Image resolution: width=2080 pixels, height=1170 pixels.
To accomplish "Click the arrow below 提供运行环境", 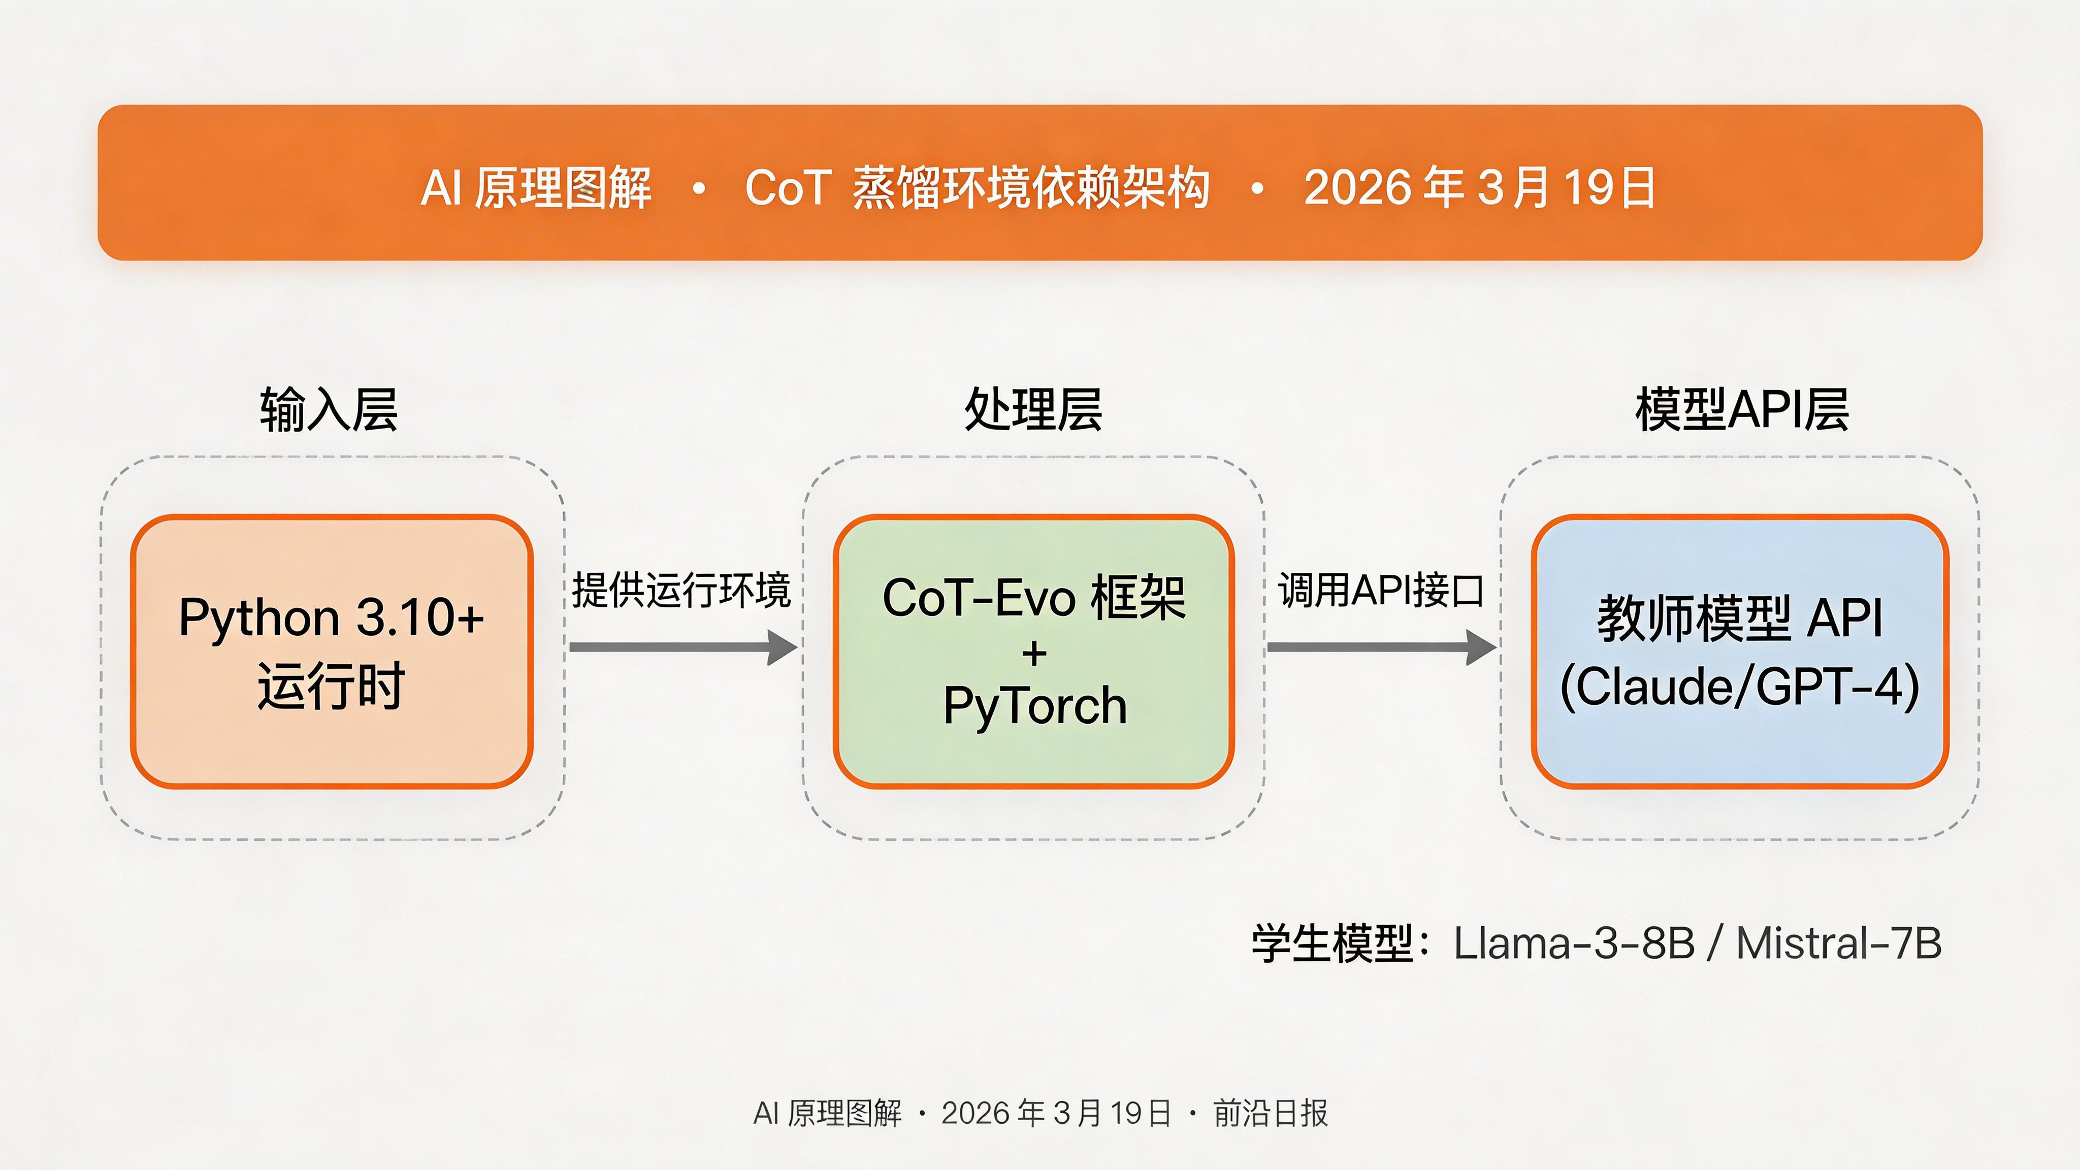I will click(682, 647).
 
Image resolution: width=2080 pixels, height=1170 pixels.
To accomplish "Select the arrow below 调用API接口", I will click(1381, 647).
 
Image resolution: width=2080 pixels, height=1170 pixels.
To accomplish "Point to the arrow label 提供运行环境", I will click(680, 590).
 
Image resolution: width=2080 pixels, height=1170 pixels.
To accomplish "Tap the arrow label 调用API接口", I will click(1381, 590).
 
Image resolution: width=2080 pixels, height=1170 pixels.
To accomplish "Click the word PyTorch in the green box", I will click(1034, 706).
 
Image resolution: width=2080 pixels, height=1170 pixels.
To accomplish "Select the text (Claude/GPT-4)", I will click(1740, 687).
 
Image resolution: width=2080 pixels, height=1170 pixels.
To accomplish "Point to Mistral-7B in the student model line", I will click(1839, 943).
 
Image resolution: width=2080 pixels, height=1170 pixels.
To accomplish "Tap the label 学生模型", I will click(1332, 943).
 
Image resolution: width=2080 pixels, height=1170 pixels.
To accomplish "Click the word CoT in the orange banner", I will click(787, 188).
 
